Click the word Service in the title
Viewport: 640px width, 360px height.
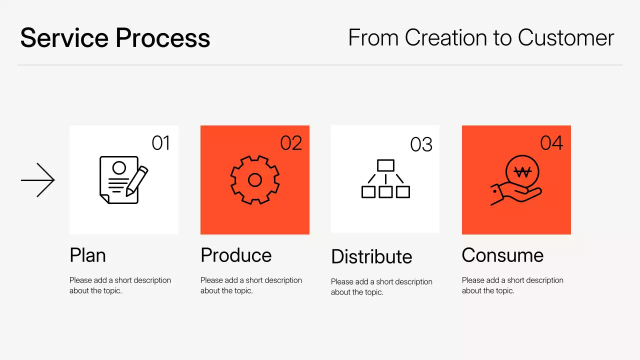[x=63, y=38]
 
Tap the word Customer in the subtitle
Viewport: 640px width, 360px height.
[x=565, y=38]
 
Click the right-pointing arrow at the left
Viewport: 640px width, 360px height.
[x=37, y=180]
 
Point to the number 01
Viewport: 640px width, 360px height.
[x=161, y=143]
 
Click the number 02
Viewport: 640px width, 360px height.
[x=291, y=143]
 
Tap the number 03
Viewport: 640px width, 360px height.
[x=421, y=145]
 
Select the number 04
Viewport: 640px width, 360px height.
[x=551, y=143]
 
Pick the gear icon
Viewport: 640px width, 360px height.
[x=255, y=180]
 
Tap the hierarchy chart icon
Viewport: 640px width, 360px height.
[x=385, y=179]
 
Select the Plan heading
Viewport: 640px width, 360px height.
[x=87, y=255]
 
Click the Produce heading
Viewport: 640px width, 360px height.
[x=236, y=255]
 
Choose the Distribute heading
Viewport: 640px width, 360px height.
[x=371, y=257]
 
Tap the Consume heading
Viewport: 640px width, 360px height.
[x=502, y=255]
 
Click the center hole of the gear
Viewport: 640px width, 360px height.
[x=255, y=180]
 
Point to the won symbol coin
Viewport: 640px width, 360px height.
[x=522, y=172]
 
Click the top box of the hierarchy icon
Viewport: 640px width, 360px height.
[x=385, y=165]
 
